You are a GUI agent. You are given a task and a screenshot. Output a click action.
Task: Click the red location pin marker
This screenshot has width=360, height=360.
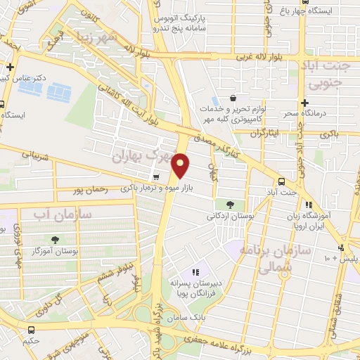[181, 165]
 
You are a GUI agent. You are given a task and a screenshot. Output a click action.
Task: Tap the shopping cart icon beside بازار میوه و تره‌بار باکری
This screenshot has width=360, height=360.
[156, 176]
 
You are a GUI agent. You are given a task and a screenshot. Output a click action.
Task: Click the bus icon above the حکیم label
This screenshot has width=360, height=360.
[31, 330]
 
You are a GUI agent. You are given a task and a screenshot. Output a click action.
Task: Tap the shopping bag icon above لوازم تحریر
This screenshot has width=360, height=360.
[233, 98]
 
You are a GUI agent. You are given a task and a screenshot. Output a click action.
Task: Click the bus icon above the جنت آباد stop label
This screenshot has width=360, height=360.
[281, 181]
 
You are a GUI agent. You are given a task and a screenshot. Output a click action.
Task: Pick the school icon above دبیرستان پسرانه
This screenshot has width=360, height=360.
[197, 272]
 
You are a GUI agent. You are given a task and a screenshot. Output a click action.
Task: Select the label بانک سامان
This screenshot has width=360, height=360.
[200, 318]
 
